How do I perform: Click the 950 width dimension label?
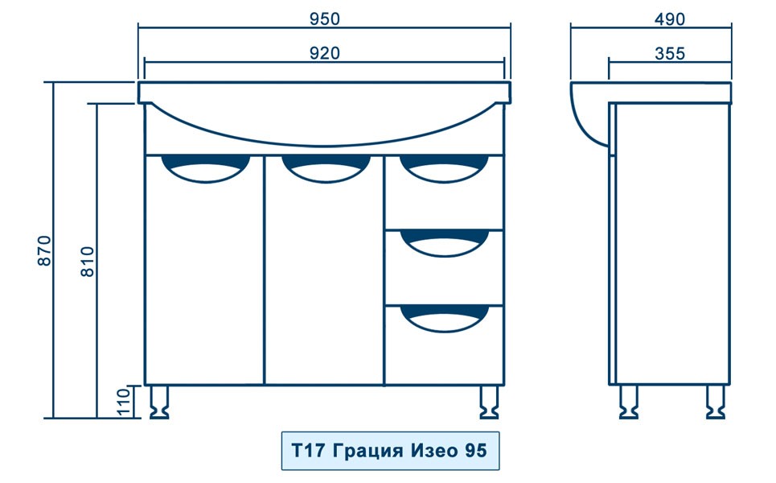tap(325, 19)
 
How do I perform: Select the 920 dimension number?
tap(325, 53)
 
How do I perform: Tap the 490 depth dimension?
tap(670, 19)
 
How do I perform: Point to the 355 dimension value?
tap(670, 53)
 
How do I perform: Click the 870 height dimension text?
tap(44, 250)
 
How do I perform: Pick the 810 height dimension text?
tap(87, 262)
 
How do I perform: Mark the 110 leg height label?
tap(124, 402)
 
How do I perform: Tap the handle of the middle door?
tap(326, 169)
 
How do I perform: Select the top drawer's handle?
tap(444, 168)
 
